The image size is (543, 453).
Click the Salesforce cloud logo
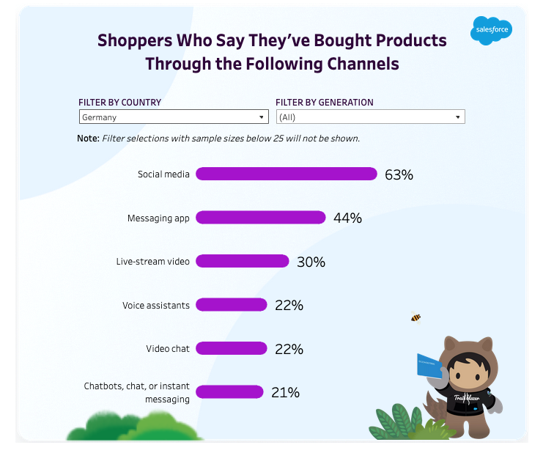coord(491,30)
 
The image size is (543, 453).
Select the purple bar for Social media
coord(286,174)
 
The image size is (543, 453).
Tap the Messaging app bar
coord(260,218)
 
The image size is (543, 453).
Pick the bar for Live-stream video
coord(242,261)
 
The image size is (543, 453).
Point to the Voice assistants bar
coord(231,305)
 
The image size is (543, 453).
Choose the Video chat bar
coord(231,348)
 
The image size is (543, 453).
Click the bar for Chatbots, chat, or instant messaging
coord(229,391)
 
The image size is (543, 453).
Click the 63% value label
coord(399,174)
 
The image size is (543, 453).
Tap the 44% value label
coord(347,218)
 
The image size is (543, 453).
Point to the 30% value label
coord(311,262)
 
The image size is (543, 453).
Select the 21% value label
coord(285,392)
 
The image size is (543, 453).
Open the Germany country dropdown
coord(173,117)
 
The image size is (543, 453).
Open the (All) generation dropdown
coord(370,117)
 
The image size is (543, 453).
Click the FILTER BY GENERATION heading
coord(324,103)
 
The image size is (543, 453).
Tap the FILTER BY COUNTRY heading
coord(120,103)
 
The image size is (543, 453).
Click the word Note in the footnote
coord(87,139)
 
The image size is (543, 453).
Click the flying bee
coord(415,317)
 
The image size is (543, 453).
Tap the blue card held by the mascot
coord(429,366)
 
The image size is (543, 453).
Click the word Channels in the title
coord(359,64)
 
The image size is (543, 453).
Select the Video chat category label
coord(167,349)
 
